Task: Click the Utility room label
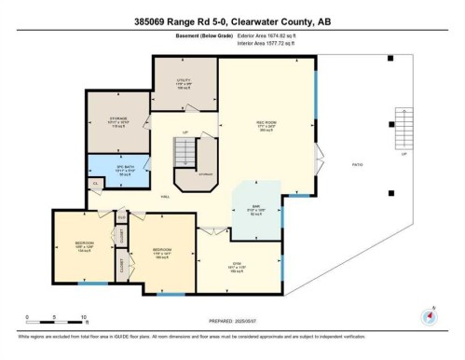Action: tap(184, 82)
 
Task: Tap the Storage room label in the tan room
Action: tap(116, 122)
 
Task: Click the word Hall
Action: tap(164, 198)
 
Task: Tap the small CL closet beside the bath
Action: tap(96, 184)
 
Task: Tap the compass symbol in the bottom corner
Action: tap(431, 314)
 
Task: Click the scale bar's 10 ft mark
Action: tap(84, 318)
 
